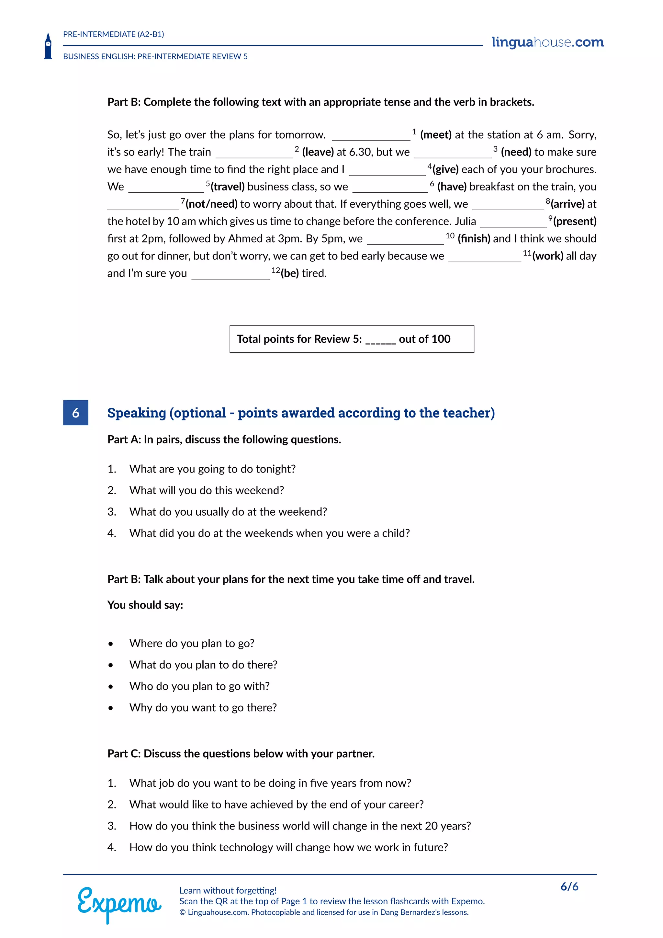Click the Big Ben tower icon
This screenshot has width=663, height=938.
48,46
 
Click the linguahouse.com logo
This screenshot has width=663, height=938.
547,42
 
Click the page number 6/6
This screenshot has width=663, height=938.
569,887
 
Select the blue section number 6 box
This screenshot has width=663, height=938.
75,413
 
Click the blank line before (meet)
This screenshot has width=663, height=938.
371,136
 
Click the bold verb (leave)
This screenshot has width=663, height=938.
318,152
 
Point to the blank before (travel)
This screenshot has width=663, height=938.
166,188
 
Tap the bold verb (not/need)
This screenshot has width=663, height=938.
211,204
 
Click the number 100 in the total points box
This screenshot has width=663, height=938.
441,339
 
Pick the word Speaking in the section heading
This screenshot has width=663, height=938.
136,413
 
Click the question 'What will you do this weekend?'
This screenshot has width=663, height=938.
207,490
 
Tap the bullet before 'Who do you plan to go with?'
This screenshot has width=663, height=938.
111,687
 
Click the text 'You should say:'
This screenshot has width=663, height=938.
145,605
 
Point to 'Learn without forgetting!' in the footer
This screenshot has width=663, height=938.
228,890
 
